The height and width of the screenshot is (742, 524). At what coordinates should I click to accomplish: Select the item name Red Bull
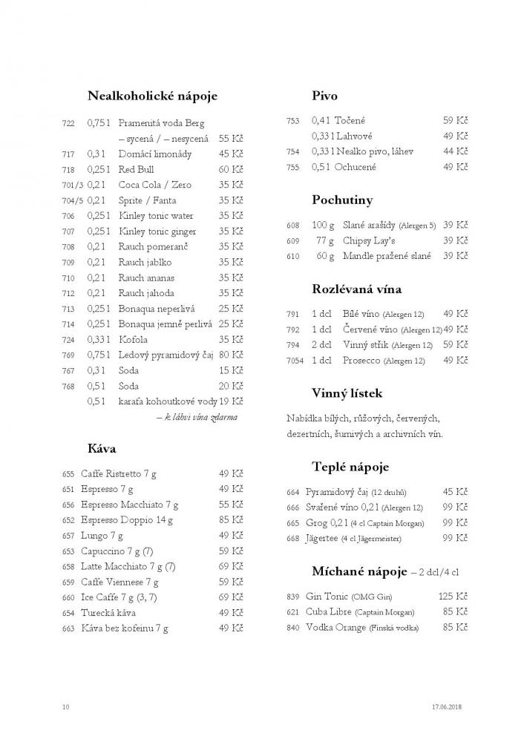(x=137, y=169)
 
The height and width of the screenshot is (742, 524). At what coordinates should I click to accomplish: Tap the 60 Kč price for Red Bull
(x=231, y=169)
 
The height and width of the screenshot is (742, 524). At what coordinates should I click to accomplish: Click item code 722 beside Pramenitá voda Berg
(x=68, y=123)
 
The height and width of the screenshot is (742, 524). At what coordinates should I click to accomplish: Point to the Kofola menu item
(x=134, y=339)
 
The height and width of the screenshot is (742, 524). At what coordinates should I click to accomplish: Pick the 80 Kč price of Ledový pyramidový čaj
(x=231, y=355)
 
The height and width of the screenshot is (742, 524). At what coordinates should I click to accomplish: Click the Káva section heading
(x=102, y=448)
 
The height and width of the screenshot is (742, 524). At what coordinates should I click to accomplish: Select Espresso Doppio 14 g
(x=127, y=520)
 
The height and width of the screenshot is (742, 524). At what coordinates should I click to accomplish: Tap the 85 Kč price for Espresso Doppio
(x=231, y=520)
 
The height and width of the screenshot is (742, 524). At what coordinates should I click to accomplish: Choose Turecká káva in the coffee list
(x=108, y=613)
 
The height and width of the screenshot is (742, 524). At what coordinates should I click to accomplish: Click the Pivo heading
(x=325, y=96)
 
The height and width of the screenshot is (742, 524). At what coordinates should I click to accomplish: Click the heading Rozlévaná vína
(x=356, y=289)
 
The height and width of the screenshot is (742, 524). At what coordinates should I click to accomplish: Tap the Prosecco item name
(x=362, y=361)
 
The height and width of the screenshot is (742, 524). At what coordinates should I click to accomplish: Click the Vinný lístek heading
(x=347, y=393)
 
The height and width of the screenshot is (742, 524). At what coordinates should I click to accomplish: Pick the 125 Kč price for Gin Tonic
(x=452, y=597)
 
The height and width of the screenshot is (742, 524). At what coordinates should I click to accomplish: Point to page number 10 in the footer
(x=66, y=707)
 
